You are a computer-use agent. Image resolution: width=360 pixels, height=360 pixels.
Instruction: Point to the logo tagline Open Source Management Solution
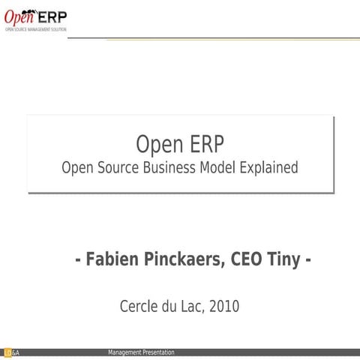click(x=36, y=29)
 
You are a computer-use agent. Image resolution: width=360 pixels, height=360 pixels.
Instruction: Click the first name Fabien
click(x=109, y=260)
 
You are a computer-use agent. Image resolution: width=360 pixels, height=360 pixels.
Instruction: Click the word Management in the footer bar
click(x=125, y=352)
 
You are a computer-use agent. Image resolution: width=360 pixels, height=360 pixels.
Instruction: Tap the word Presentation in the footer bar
click(x=159, y=352)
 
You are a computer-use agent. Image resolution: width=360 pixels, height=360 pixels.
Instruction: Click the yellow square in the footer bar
click(x=6, y=353)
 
